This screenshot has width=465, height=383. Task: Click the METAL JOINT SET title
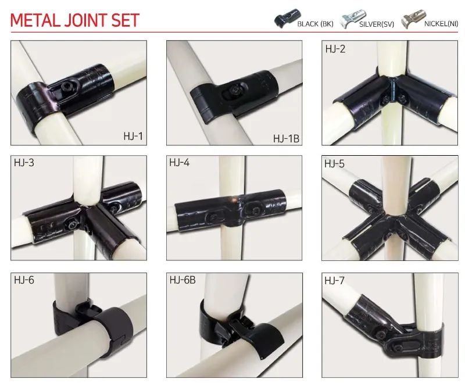(x=75, y=20)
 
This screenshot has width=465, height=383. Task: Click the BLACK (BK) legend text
(x=315, y=24)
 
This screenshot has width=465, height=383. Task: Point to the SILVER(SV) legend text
(x=378, y=24)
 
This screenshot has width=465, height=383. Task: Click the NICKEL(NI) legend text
(x=442, y=24)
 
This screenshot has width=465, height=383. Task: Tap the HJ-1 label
(x=133, y=137)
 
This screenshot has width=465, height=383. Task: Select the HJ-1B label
(x=286, y=138)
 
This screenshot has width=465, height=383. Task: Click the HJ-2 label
(x=335, y=49)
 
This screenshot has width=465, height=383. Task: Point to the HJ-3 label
(x=24, y=163)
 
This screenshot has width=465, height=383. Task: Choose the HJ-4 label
(x=180, y=163)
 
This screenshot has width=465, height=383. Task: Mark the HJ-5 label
(x=334, y=164)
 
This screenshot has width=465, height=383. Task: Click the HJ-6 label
(x=24, y=280)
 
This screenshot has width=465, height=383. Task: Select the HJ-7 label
(x=335, y=280)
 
